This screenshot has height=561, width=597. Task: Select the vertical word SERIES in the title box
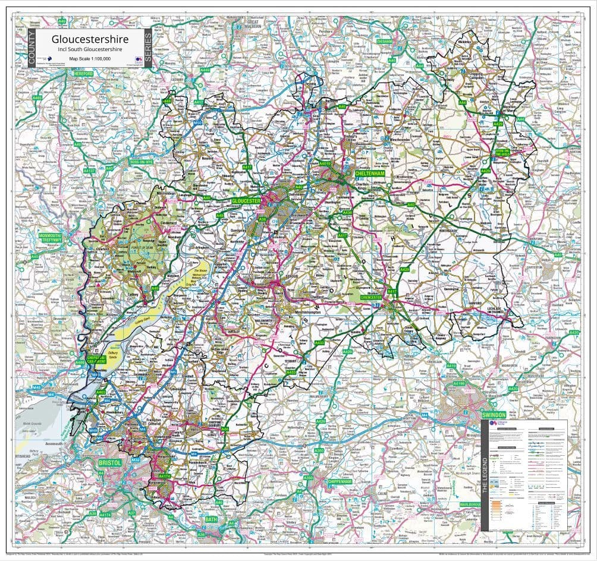pos(148,48)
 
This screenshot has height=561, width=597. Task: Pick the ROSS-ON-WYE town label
pos(142,161)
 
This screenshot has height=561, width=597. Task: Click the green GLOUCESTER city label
pos(246,201)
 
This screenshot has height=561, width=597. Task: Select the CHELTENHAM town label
pos(370,174)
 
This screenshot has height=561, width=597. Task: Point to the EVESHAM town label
pos(384,42)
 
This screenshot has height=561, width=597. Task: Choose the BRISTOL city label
pos(111,462)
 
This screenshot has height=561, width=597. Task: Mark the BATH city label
pos(211,519)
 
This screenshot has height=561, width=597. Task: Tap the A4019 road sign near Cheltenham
pos(325,163)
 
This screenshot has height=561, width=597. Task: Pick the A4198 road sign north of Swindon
pos(458,384)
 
